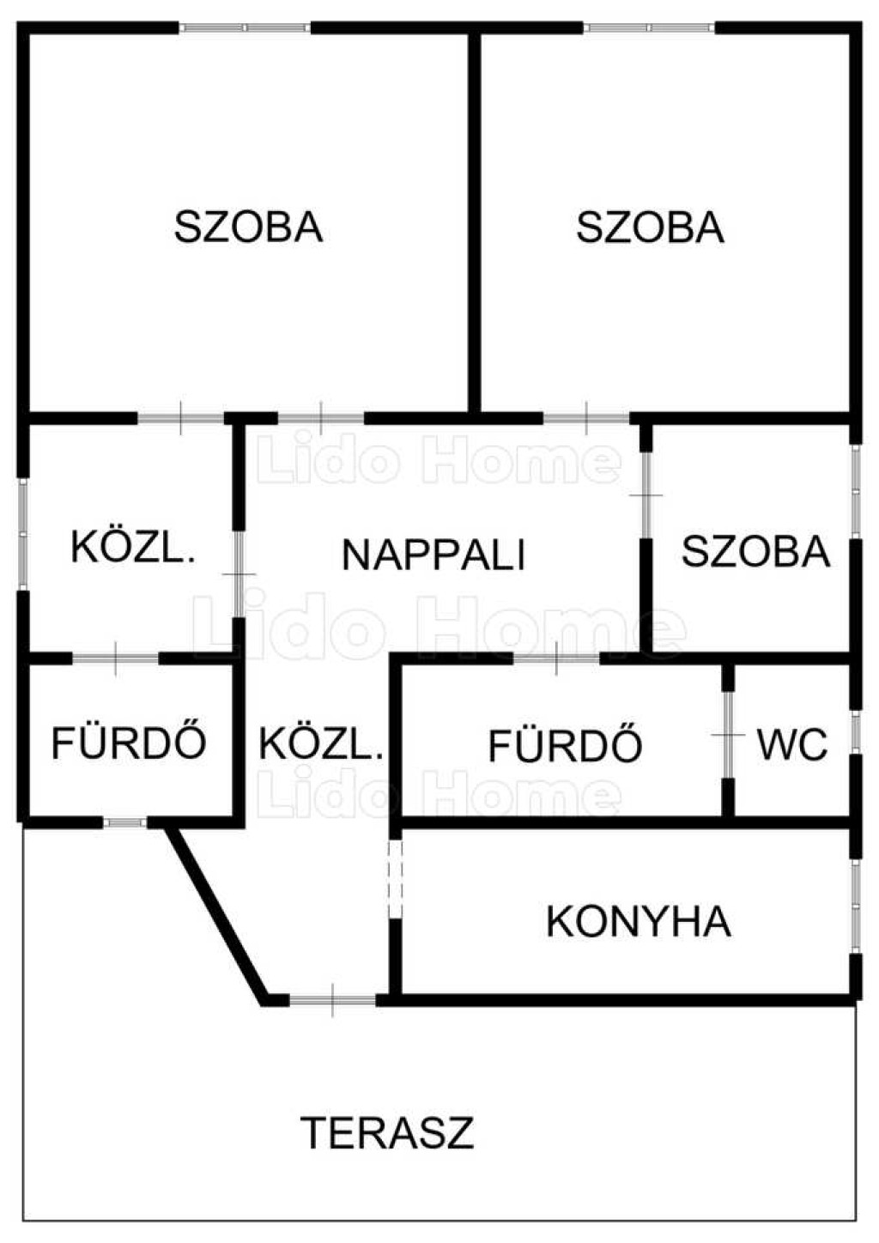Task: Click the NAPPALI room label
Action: tap(433, 555)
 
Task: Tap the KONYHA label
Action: tap(638, 922)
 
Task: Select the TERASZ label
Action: tap(387, 1132)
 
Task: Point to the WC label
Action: tap(792, 744)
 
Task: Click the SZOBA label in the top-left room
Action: tap(248, 227)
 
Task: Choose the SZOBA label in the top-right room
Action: tap(650, 227)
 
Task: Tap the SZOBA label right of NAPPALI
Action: tap(755, 551)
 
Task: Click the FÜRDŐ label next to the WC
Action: tap(565, 745)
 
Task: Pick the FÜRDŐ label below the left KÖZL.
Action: tap(129, 743)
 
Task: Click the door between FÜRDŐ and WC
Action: tap(728, 736)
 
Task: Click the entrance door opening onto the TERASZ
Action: tap(332, 999)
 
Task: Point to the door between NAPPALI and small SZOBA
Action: tap(646, 496)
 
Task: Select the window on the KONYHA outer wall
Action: tap(855, 905)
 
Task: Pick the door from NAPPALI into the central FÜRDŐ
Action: tap(556, 659)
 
